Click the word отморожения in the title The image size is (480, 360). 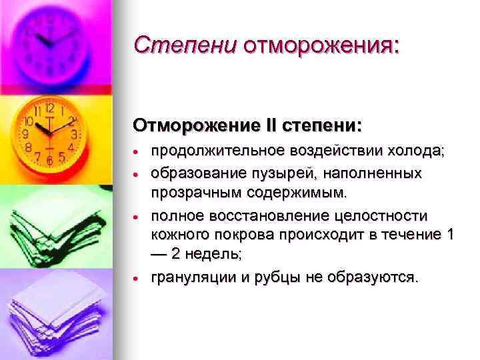[321, 45]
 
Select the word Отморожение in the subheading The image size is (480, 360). [190, 125]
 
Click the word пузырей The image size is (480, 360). [281, 173]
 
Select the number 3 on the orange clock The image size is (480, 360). [74, 133]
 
